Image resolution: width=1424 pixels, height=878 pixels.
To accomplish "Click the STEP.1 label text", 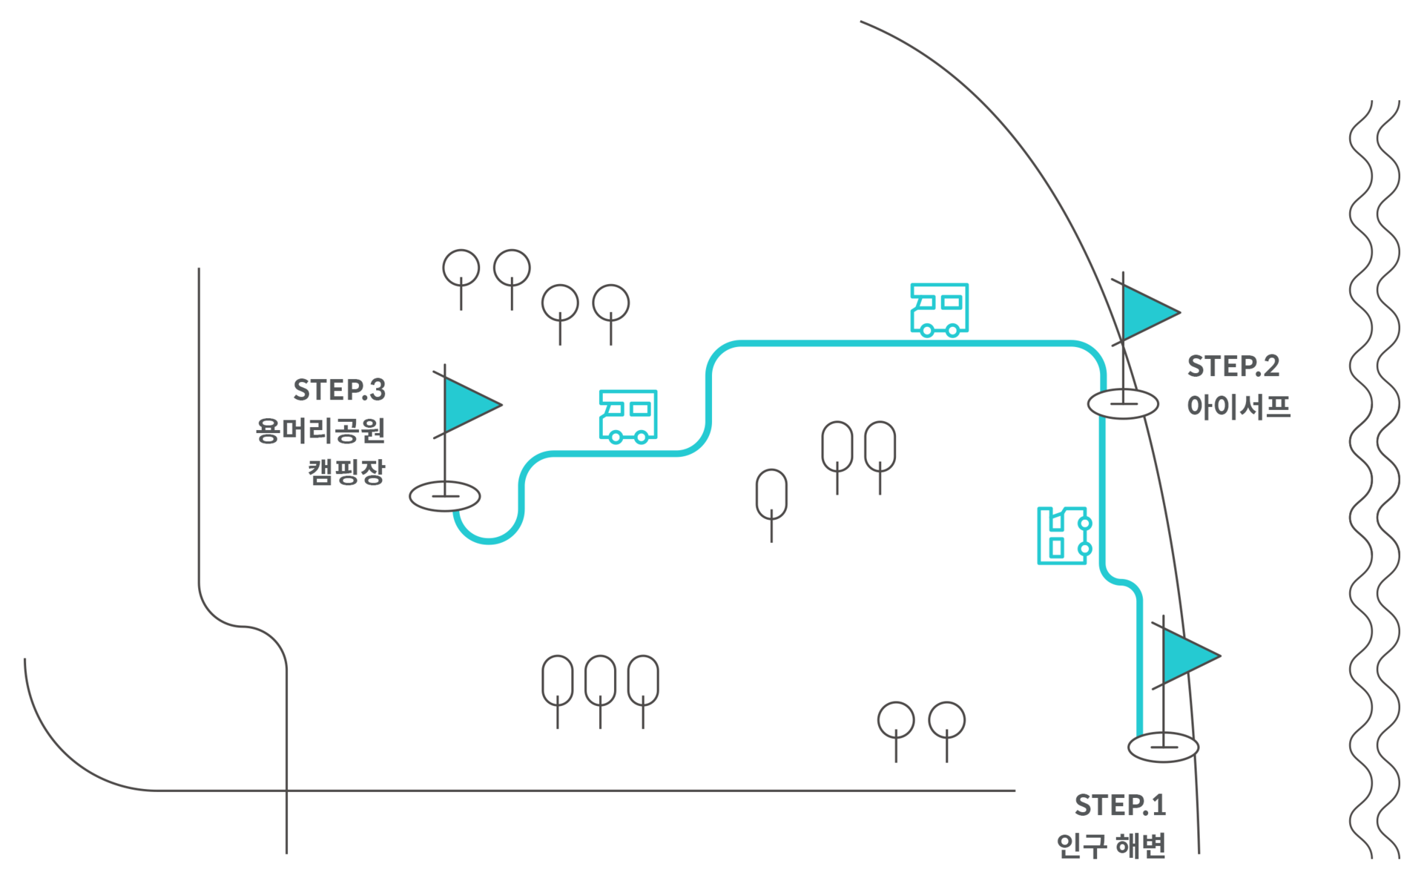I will coord(1120,805).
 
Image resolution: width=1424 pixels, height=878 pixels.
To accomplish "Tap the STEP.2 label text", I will coord(1233,366).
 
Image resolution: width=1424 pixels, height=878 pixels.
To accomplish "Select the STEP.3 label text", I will coord(340,390).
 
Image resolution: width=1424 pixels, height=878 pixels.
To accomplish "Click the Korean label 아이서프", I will coord(1239,406).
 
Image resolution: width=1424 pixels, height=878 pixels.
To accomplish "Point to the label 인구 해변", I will coord(1111,845).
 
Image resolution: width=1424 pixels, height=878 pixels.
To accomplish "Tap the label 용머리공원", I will coord(320,431).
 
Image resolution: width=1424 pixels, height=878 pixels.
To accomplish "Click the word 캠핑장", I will coord(346,471).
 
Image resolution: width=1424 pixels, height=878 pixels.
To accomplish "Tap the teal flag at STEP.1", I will coord(1187,656).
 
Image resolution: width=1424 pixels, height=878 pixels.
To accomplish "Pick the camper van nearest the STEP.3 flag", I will coord(627,416).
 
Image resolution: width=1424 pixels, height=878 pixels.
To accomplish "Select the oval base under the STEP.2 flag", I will coord(1123,404).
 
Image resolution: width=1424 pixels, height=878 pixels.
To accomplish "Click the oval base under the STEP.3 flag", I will coord(445,496).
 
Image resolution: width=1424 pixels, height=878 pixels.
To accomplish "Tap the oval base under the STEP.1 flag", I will coord(1163,747).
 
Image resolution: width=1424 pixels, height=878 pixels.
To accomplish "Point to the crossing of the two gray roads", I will coord(286,790).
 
